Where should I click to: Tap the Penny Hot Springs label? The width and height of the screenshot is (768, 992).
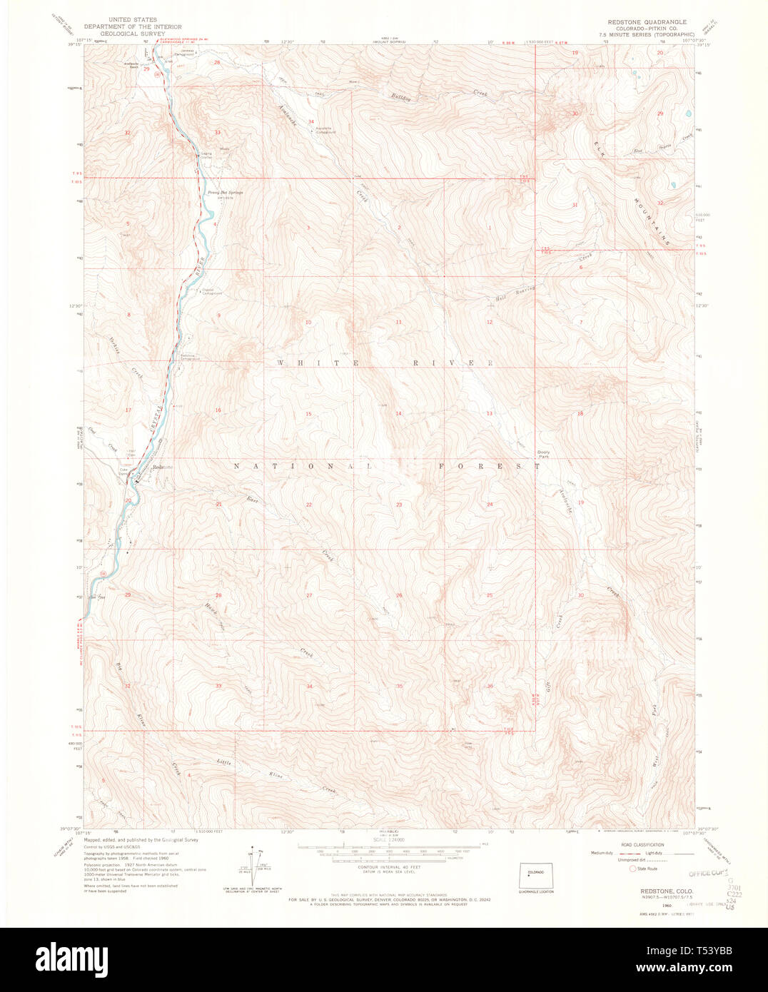click(x=221, y=193)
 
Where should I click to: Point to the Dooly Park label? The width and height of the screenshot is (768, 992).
click(x=544, y=454)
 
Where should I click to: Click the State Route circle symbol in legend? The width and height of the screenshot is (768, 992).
click(x=632, y=869)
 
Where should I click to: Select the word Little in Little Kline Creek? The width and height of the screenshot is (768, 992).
click(x=224, y=762)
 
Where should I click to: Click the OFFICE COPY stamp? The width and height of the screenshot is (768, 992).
click(x=707, y=873)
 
